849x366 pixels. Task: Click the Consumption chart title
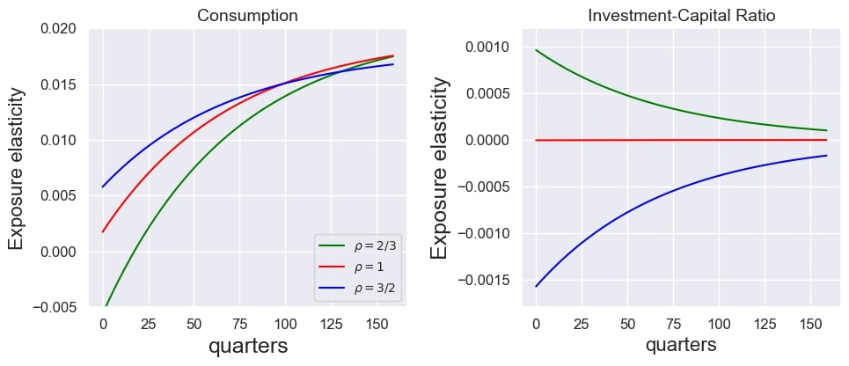(247, 16)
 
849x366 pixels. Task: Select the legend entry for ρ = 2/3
(358, 245)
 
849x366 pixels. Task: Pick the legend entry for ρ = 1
(358, 267)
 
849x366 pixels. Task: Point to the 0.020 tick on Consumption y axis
(57, 30)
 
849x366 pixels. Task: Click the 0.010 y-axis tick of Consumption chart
(57, 141)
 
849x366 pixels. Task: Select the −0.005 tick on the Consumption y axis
(53, 307)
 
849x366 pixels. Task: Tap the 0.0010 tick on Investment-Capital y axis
(487, 48)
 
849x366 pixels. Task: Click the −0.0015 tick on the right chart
(483, 281)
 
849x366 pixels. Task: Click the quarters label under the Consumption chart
(247, 347)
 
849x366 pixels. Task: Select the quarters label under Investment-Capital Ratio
(680, 345)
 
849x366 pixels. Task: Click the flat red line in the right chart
(682, 139)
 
